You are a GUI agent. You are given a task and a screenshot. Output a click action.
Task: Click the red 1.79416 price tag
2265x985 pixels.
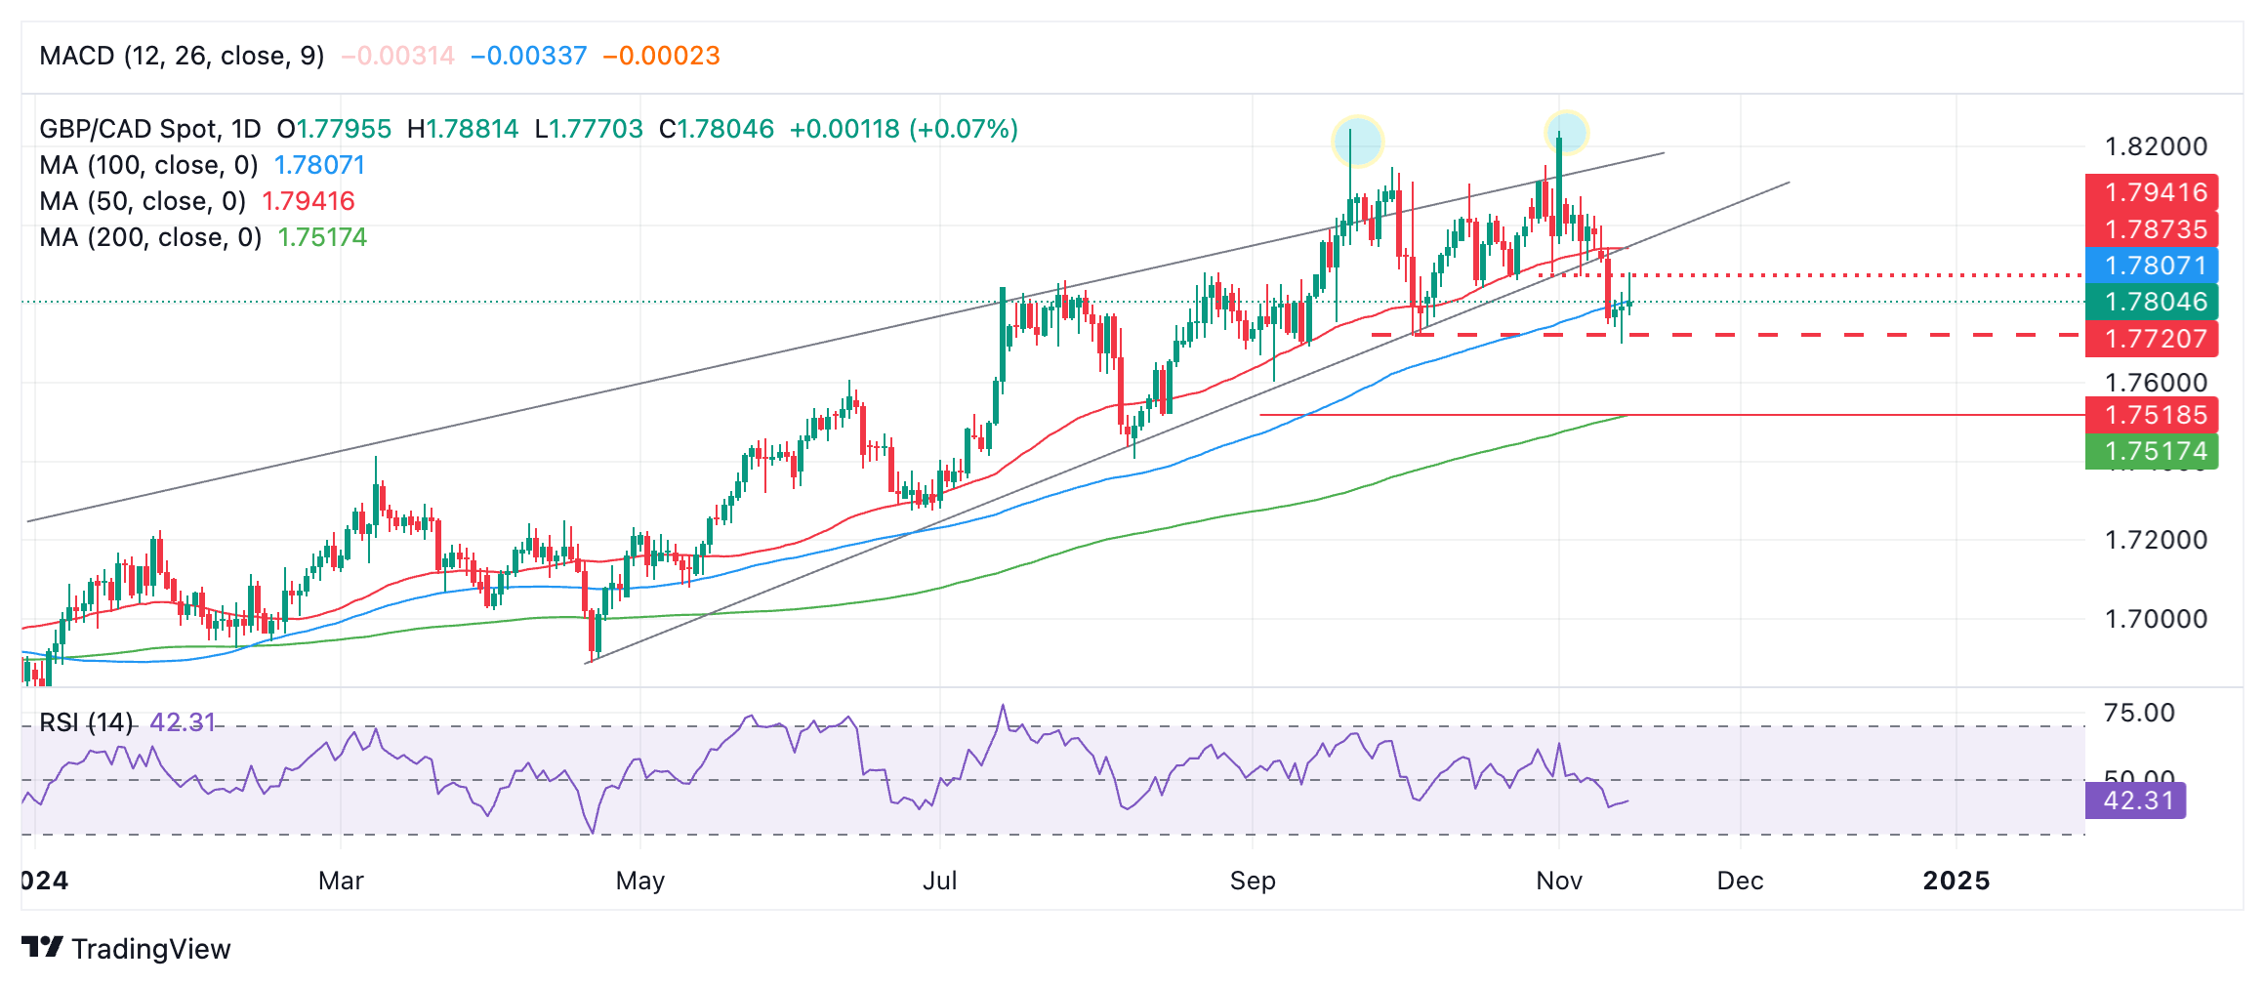pyautogui.click(x=2152, y=192)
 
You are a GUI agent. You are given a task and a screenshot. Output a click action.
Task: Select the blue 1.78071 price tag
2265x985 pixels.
pyautogui.click(x=2152, y=266)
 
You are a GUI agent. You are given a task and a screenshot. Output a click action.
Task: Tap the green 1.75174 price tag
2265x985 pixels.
pyautogui.click(x=2152, y=451)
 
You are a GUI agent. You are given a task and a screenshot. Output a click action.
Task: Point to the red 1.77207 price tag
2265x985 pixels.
pyautogui.click(x=2152, y=339)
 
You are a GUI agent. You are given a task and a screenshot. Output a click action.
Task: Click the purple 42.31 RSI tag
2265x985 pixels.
pyautogui.click(x=2135, y=800)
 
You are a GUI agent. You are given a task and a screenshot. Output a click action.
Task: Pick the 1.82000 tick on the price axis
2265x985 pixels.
pyautogui.click(x=2156, y=146)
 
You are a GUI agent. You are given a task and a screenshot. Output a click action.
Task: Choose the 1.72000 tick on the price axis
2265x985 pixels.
pyautogui.click(x=2156, y=540)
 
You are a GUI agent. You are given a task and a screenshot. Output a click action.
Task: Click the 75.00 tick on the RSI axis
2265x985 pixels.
pyautogui.click(x=2139, y=713)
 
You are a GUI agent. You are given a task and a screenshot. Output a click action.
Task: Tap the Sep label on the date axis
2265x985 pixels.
pyautogui.click(x=1253, y=881)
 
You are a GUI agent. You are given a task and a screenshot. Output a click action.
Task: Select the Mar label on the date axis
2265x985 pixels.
pyautogui.click(x=341, y=881)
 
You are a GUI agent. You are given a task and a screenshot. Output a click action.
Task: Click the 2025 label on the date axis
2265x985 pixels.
pyautogui.click(x=1956, y=881)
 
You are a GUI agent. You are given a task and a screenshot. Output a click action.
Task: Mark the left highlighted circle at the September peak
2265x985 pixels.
pyautogui.click(x=1358, y=141)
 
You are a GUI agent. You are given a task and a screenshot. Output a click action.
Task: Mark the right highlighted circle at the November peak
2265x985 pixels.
pyautogui.click(x=1566, y=132)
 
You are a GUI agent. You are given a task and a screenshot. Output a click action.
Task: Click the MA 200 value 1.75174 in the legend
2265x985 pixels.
pyautogui.click(x=322, y=237)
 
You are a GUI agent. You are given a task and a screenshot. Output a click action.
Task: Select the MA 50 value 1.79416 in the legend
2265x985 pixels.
pyautogui.click(x=309, y=201)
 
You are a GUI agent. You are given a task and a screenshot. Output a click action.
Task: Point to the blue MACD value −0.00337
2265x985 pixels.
pyautogui.click(x=528, y=56)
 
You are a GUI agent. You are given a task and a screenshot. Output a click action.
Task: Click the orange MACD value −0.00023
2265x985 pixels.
pyautogui.click(x=661, y=56)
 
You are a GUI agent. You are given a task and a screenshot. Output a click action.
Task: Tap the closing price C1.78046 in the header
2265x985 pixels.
pyautogui.click(x=717, y=129)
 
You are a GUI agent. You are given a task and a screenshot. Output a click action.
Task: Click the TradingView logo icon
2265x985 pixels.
pyautogui.click(x=42, y=947)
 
